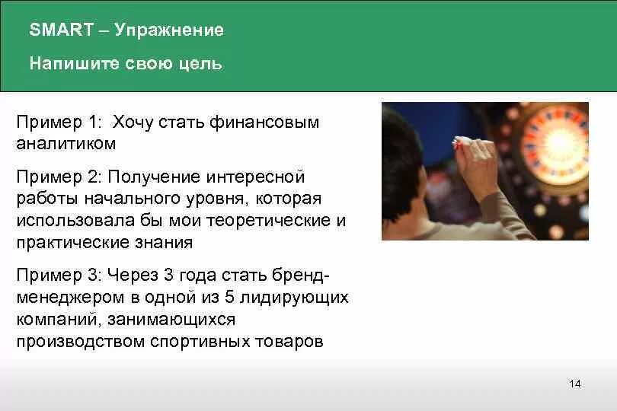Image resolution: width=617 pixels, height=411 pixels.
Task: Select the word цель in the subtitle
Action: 200,64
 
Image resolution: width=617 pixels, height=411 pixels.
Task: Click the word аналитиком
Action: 66,143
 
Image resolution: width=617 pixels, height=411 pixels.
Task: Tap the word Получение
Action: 152,177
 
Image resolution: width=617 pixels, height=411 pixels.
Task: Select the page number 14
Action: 574,384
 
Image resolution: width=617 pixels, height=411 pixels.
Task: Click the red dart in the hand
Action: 459,141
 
